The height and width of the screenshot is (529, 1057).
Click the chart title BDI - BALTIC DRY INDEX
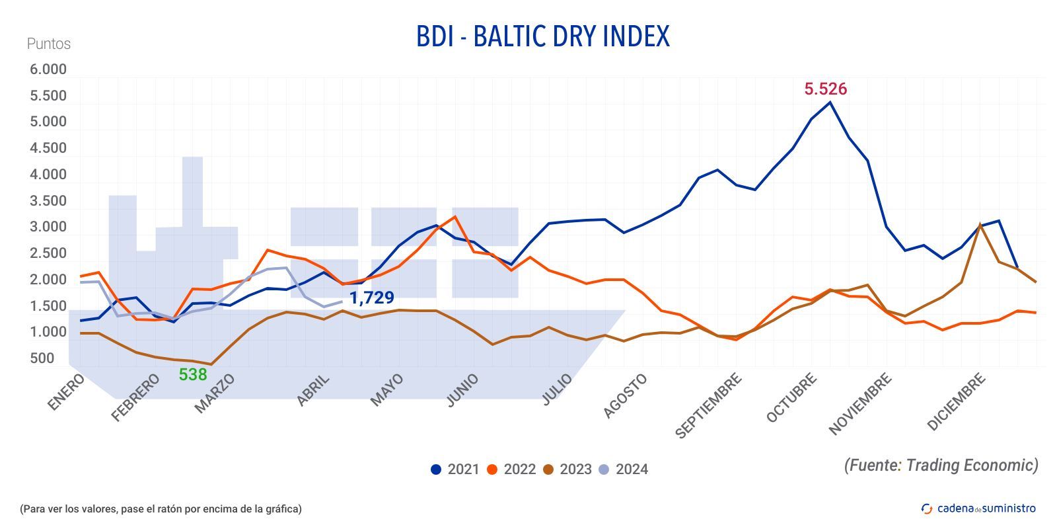tap(542, 36)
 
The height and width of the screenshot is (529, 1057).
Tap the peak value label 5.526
tap(825, 89)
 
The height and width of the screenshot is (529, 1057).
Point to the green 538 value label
tap(193, 374)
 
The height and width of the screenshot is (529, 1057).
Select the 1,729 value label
tap(371, 298)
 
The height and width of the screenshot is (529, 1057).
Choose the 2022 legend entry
tap(511, 469)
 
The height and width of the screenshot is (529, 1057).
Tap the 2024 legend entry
tap(623, 469)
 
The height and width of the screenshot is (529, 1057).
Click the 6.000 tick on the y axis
tap(48, 69)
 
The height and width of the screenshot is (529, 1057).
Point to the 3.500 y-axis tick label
tap(48, 201)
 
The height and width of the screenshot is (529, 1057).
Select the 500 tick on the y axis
tap(42, 358)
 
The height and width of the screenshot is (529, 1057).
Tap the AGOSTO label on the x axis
tap(625, 395)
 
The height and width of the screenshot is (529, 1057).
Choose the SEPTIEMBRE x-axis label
tap(709, 405)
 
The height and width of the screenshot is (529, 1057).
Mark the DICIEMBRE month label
tap(957, 402)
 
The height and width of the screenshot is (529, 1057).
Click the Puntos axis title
tap(48, 44)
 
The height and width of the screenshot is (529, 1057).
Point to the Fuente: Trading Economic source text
tap(941, 465)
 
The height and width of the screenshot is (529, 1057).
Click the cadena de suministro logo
tap(978, 508)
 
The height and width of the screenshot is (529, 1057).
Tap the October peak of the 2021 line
tap(830, 102)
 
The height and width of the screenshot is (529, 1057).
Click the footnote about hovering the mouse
tap(161, 509)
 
